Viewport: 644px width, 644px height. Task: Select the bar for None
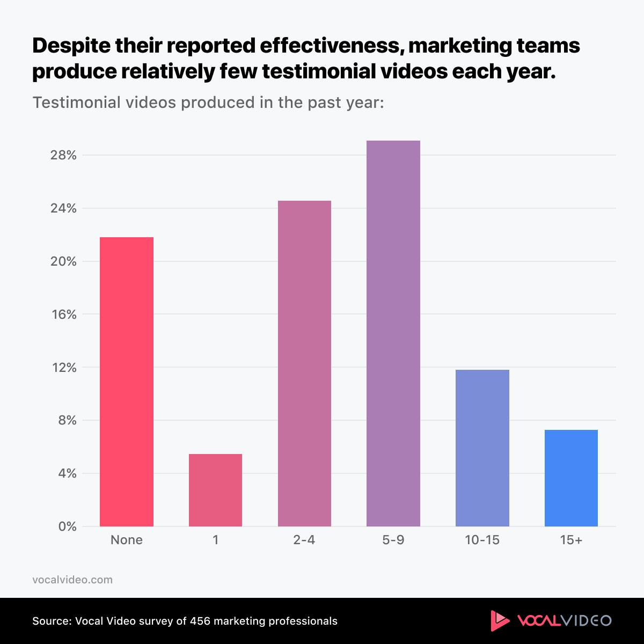(x=127, y=382)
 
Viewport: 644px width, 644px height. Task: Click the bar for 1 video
(x=215, y=490)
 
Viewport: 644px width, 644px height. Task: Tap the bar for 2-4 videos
(x=304, y=363)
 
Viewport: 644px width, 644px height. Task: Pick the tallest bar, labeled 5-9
(x=393, y=333)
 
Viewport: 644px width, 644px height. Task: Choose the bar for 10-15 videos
(x=482, y=448)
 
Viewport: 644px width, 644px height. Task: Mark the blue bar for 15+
(x=571, y=478)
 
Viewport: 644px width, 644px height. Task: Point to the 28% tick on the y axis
(x=64, y=156)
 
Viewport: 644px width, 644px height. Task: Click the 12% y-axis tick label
(x=64, y=368)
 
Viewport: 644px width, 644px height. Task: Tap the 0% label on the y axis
(x=68, y=527)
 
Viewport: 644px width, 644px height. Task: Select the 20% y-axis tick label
(x=64, y=262)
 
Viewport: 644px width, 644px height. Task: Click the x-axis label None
(x=127, y=540)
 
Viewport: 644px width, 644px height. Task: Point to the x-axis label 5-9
(x=393, y=540)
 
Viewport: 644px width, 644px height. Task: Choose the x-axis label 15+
(x=571, y=540)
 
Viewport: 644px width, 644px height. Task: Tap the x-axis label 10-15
(x=482, y=540)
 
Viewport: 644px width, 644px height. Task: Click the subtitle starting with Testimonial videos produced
(x=208, y=103)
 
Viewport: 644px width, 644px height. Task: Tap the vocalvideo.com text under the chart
(x=72, y=580)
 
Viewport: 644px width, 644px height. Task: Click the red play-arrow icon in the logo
(x=500, y=621)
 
